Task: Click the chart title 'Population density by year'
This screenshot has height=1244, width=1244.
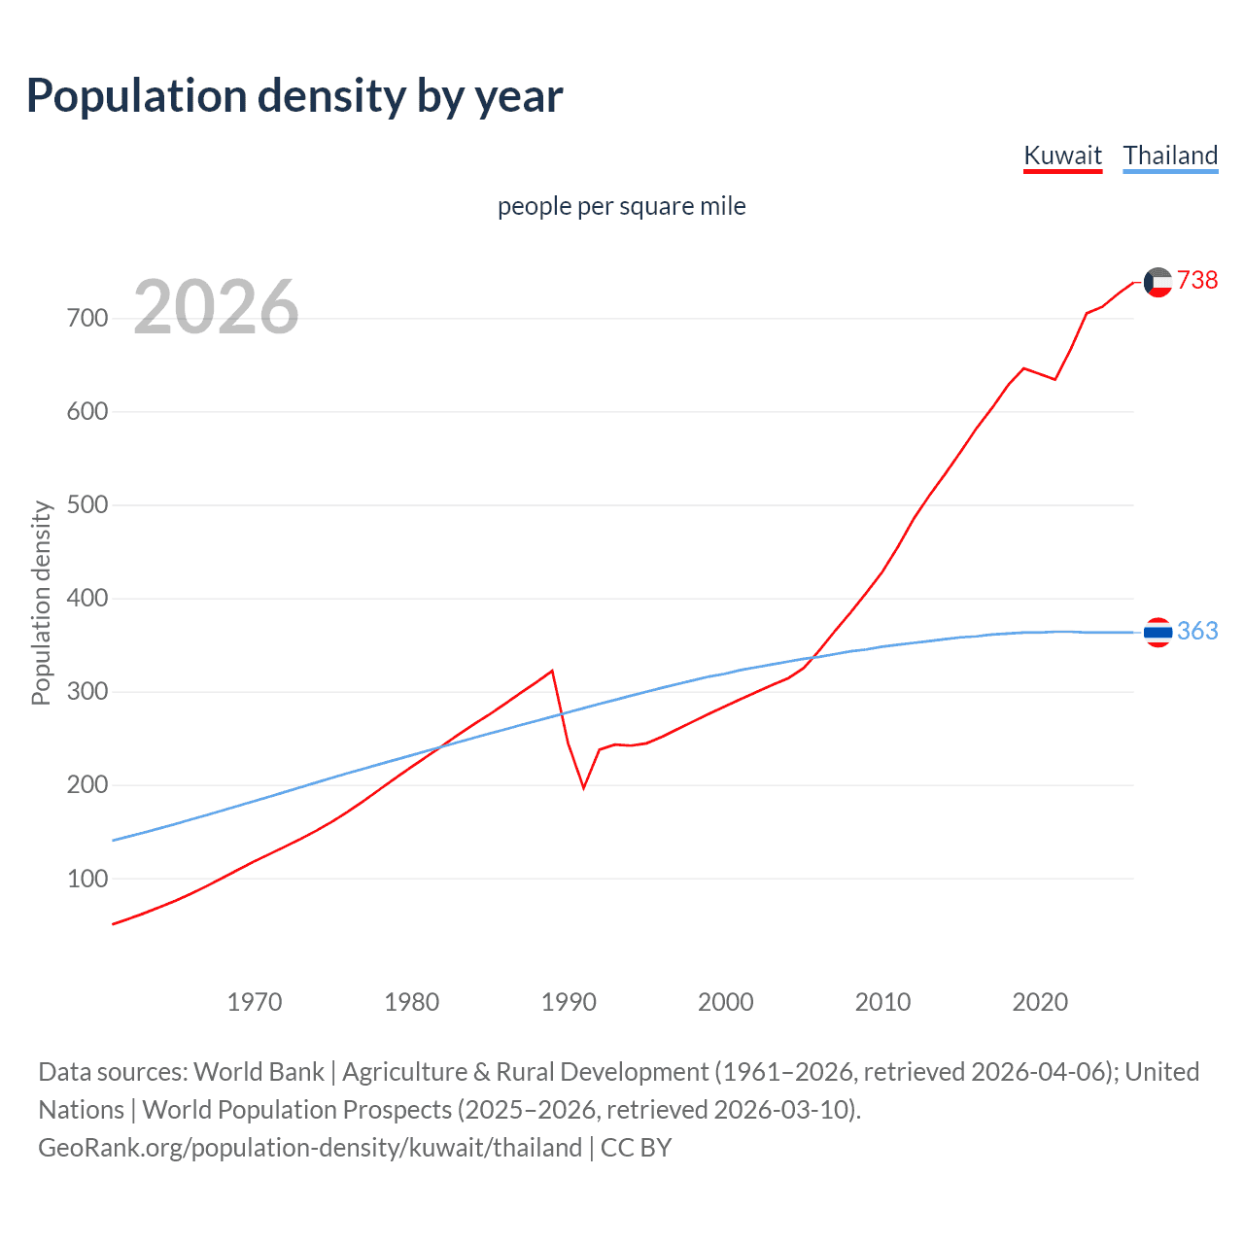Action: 294,96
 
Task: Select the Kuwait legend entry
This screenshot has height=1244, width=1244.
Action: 1062,155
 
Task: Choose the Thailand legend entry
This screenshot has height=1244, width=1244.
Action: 1170,155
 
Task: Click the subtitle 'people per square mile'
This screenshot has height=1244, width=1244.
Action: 622,206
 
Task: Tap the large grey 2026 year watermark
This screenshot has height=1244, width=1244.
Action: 216,306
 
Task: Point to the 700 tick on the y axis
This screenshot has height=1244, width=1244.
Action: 87,318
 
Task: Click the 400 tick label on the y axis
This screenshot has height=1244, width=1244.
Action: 87,598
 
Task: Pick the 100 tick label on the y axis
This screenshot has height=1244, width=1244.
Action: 87,879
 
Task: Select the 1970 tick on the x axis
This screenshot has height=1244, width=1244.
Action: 255,1002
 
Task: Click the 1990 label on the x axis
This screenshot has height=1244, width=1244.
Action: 569,1002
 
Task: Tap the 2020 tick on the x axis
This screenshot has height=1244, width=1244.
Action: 1040,1002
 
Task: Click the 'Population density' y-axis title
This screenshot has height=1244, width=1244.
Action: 41,603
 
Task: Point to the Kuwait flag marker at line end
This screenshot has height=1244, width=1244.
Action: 1158,282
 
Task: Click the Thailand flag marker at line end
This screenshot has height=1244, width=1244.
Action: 1158,632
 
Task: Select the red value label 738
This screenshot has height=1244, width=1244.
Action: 1197,280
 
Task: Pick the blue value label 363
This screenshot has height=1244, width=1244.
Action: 1197,631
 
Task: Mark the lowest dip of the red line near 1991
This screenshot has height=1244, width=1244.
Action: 584,787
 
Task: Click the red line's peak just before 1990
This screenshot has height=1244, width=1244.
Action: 552,671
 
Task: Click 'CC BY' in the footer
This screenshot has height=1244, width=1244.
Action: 636,1147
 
